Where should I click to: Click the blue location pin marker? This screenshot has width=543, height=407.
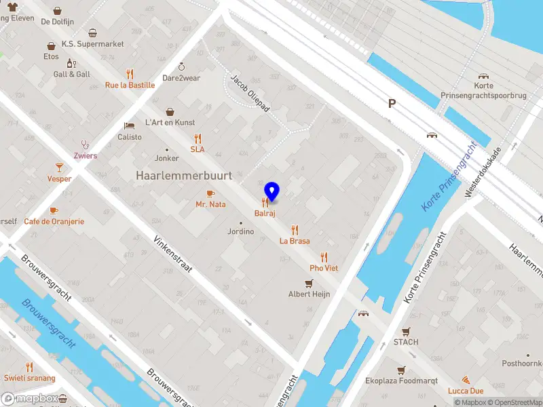(271, 191)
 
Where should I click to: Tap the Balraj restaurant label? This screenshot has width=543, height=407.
(265, 214)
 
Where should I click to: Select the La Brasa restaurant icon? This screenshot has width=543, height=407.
(295, 229)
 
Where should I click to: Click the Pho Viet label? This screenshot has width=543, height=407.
(324, 268)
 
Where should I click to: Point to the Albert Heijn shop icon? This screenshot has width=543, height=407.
(309, 284)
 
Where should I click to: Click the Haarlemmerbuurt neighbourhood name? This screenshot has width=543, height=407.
(184, 176)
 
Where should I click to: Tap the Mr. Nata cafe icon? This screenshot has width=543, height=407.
(210, 193)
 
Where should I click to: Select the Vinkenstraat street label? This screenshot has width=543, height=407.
(173, 255)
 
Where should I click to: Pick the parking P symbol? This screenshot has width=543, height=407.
(391, 103)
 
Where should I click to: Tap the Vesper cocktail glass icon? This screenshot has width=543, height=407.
(59, 167)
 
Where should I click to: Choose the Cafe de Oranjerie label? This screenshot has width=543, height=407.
(54, 221)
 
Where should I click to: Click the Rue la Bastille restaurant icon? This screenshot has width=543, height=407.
(130, 74)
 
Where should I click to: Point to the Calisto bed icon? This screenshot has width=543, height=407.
(129, 125)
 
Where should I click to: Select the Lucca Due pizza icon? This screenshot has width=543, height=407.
(466, 380)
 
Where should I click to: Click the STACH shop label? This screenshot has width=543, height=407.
(406, 342)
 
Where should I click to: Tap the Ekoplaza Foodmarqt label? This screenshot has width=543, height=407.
(402, 381)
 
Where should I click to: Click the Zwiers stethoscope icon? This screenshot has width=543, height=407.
(86, 144)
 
